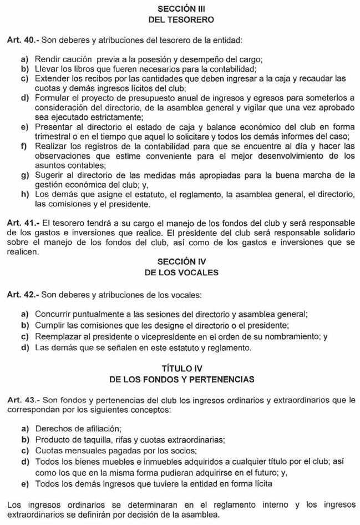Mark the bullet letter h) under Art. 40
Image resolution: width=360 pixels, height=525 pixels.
24,195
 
